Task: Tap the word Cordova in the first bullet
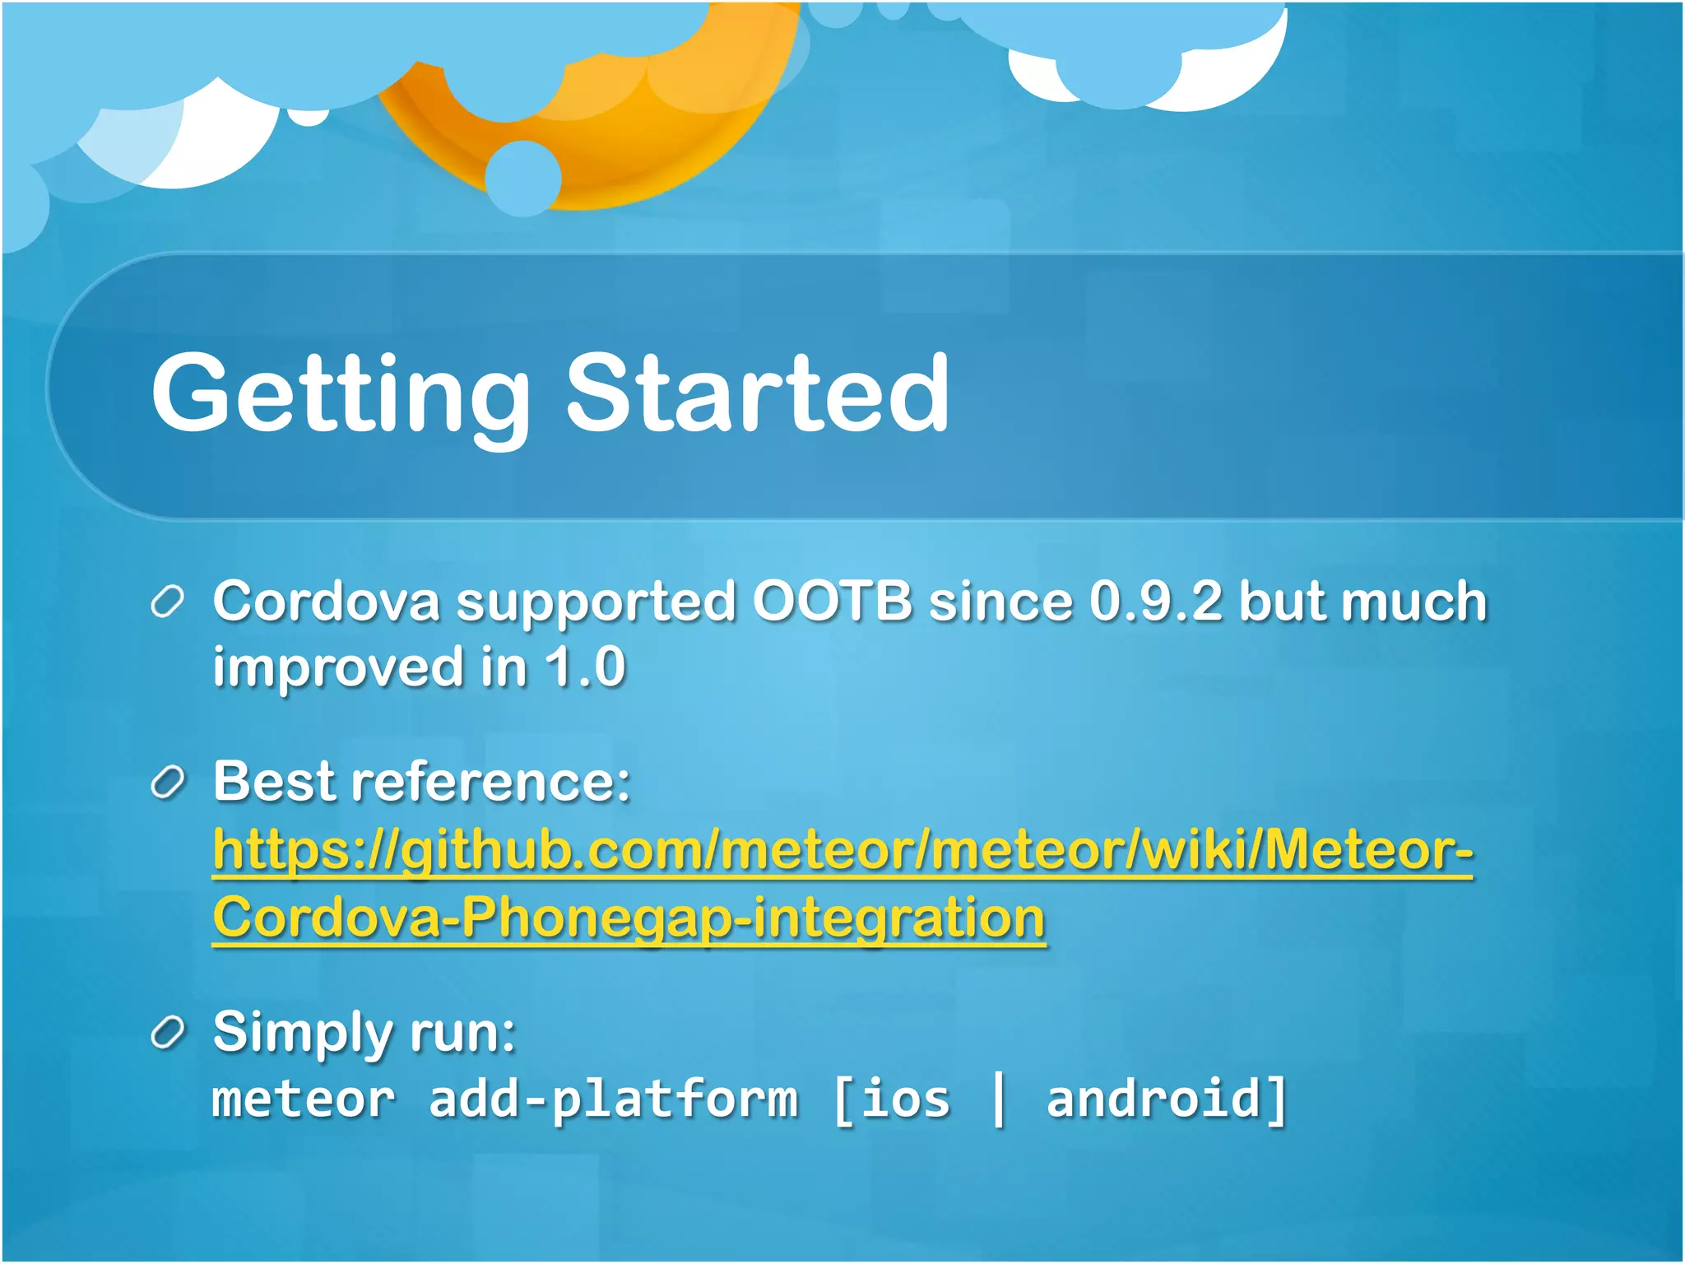point(327,601)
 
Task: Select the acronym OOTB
point(832,601)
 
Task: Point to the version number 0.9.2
point(1155,601)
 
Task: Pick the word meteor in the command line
point(303,1100)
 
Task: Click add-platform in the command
point(613,1100)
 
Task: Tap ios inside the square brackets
point(905,1100)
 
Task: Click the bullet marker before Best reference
point(168,783)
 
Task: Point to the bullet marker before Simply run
point(168,1034)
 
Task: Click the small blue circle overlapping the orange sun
point(522,178)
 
